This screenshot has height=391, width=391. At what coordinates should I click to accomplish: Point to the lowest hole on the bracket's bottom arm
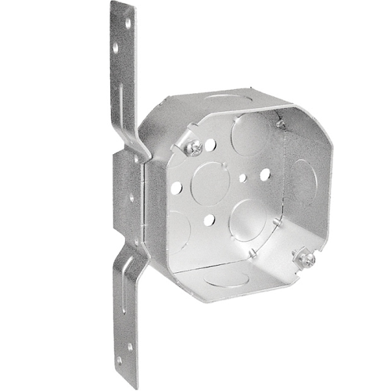coord(120,361)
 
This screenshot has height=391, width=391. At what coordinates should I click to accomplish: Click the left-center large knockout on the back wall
coord(210,183)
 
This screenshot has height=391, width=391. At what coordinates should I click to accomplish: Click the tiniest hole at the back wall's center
coord(242,178)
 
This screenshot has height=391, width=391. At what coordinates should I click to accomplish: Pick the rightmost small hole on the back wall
coord(265,173)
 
